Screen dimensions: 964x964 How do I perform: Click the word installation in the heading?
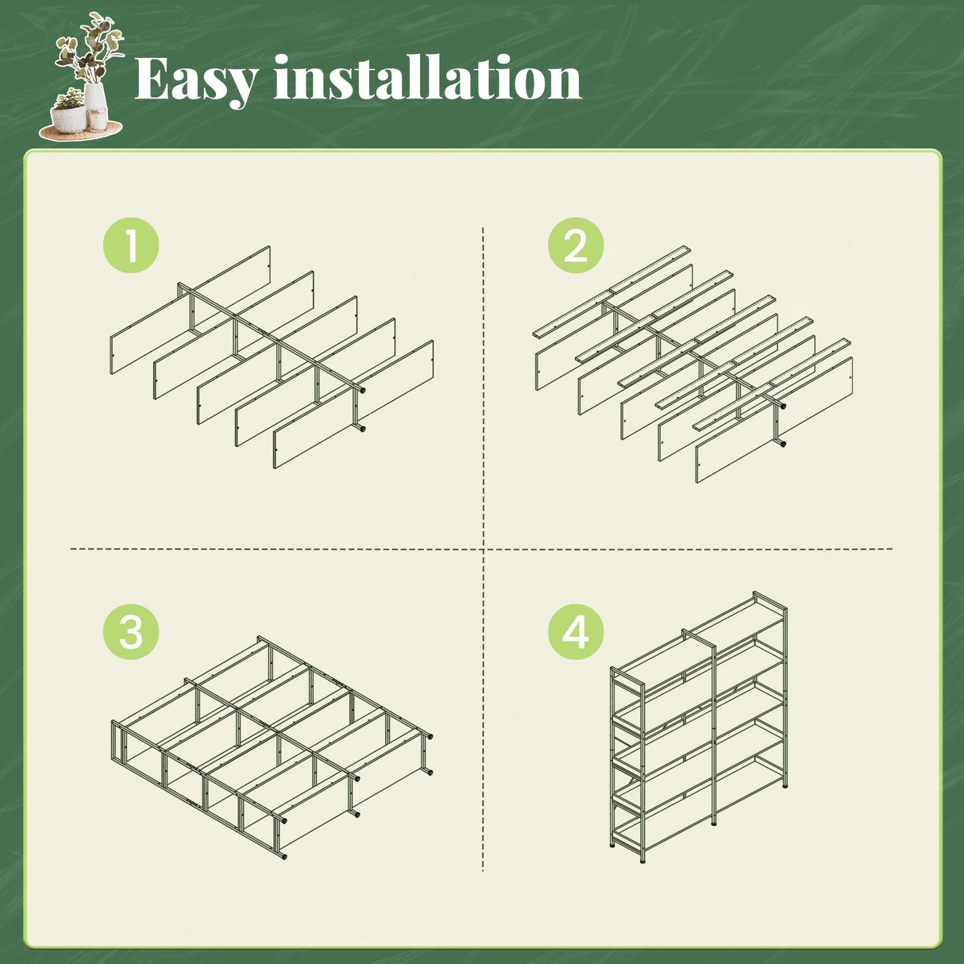coord(428,78)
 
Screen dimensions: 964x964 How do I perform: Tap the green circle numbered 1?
coord(131,245)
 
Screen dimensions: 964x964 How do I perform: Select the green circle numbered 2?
coord(576,245)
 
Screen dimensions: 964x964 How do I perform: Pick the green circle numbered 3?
coord(131,631)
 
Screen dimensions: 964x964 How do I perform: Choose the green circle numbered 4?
coord(576,631)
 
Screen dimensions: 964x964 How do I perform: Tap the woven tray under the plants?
coord(80,131)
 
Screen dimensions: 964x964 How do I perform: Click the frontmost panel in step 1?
coord(353,404)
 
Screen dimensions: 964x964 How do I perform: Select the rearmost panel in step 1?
coord(190,310)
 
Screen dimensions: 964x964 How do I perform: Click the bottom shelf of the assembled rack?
coord(698,796)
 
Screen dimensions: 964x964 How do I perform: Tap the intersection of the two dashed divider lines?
coord(483,549)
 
